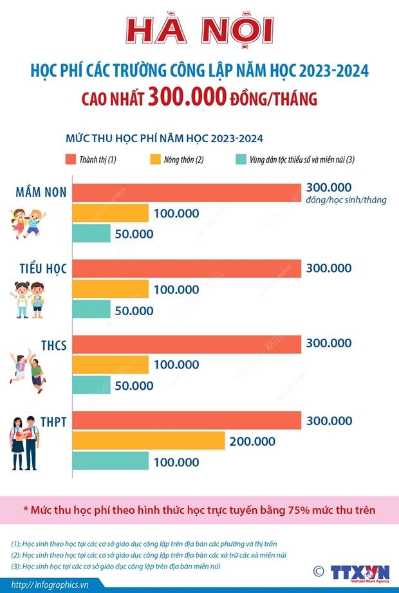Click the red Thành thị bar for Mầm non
[187, 193]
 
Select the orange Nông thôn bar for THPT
[148, 441]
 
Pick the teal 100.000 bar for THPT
[110, 461]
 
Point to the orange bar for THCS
[110, 365]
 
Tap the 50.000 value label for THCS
[134, 386]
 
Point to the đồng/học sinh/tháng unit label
[346, 200]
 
